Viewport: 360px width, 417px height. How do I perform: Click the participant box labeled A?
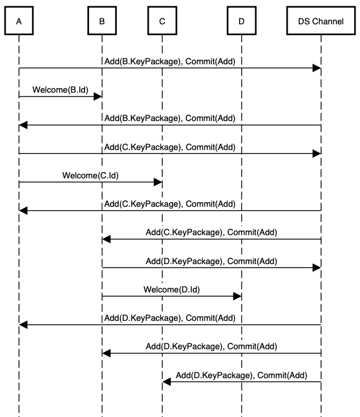[x=19, y=21]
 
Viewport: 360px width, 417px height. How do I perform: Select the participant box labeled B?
[x=102, y=21]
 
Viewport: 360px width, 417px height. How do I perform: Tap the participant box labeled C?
[x=162, y=21]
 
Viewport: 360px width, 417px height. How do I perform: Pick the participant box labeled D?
[x=241, y=21]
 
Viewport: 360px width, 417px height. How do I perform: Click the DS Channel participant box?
[x=320, y=21]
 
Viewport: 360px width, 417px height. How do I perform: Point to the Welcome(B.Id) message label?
[x=60, y=90]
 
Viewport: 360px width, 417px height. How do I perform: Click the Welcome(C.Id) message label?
[x=90, y=175]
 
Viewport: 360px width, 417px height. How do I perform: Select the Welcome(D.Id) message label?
[x=171, y=288]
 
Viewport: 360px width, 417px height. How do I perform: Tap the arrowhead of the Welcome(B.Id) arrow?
[x=98, y=97]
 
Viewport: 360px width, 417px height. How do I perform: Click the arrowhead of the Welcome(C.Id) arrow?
[x=158, y=182]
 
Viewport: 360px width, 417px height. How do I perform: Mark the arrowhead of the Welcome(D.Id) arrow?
[x=237, y=296]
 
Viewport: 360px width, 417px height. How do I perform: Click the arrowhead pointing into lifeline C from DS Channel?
[x=166, y=381]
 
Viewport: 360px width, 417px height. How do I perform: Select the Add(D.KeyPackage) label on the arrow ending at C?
[x=241, y=375]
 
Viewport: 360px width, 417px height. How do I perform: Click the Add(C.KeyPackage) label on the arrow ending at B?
[x=211, y=232]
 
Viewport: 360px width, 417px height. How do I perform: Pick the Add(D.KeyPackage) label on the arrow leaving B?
[x=211, y=261]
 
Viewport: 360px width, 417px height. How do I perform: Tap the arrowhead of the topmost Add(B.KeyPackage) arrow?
[x=317, y=68]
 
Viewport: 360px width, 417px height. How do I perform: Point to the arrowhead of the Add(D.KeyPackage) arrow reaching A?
[x=23, y=324]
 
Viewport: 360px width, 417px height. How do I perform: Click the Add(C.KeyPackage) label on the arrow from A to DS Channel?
[x=170, y=147]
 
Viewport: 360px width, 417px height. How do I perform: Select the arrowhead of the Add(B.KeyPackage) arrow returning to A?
[x=23, y=125]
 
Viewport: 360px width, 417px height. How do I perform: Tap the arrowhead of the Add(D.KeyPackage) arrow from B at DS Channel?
[x=317, y=268]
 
